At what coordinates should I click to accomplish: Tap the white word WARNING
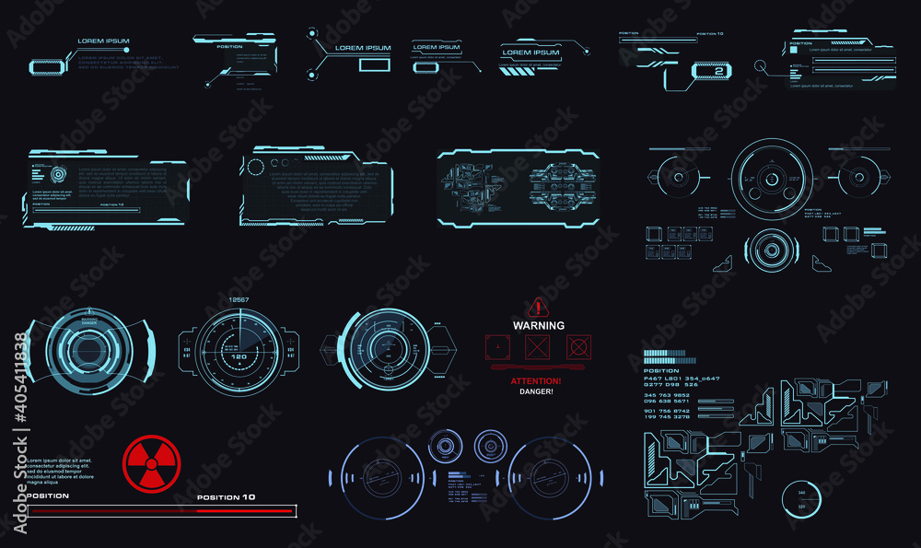tap(539, 325)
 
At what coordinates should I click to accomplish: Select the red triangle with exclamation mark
tap(538, 307)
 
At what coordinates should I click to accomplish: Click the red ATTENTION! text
tap(536, 380)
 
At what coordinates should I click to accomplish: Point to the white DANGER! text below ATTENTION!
tap(536, 391)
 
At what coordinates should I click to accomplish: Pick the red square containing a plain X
tap(537, 347)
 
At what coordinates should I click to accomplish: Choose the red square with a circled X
tap(578, 347)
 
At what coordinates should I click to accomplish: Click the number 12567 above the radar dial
tap(239, 300)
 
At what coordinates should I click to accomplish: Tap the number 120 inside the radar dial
tap(238, 356)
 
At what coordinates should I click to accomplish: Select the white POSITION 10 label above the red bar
tap(227, 497)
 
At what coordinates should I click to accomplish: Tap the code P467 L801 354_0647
tap(682, 379)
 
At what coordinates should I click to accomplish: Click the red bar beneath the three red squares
tap(538, 366)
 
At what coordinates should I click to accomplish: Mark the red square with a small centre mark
tap(496, 347)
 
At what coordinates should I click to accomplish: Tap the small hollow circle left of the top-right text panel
tap(760, 66)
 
